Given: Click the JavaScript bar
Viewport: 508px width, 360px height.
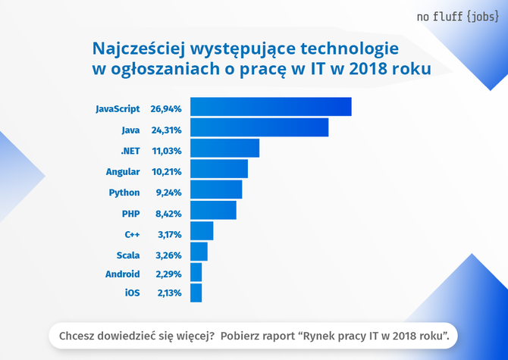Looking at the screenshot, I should (x=271, y=107).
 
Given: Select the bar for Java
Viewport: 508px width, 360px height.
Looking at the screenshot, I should (x=259, y=127).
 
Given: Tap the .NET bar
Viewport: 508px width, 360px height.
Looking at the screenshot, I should (x=224, y=148).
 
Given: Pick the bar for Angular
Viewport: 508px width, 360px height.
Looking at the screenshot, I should (x=219, y=168).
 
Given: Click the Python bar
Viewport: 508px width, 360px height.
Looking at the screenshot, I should (x=216, y=189).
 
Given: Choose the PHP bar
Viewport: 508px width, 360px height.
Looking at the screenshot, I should (x=213, y=210).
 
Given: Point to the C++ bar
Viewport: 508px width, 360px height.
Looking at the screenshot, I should (x=202, y=230).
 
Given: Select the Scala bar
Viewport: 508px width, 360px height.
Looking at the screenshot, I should (x=199, y=251).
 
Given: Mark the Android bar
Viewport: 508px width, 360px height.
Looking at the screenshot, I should (x=196, y=272).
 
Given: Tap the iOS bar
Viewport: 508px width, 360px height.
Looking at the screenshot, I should (x=196, y=293).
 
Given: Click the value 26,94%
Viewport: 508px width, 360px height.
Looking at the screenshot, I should (x=166, y=109).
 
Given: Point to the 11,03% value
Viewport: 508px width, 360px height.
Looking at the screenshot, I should (x=166, y=151).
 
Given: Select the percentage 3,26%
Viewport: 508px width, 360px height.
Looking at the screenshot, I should (x=166, y=255).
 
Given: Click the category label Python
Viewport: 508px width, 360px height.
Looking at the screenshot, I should (x=124, y=193).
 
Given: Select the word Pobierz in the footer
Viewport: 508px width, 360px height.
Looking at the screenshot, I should (x=247, y=334).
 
